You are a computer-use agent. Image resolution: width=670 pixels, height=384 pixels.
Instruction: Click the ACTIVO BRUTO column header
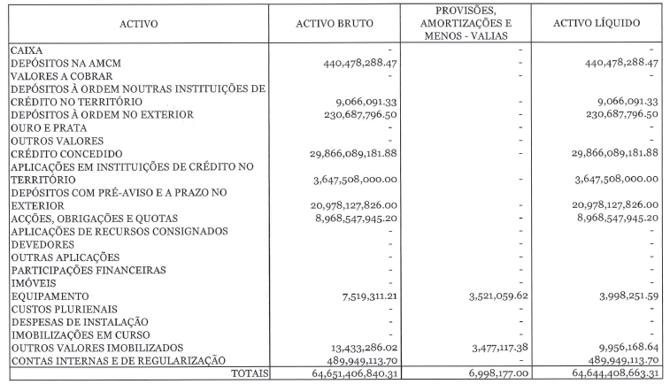tap(334, 23)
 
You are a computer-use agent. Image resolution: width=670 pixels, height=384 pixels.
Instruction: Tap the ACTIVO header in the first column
tap(139, 23)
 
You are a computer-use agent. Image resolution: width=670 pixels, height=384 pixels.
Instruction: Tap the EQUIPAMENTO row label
tap(50, 296)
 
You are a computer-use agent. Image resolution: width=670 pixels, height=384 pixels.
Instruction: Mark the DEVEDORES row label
tap(41, 244)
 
